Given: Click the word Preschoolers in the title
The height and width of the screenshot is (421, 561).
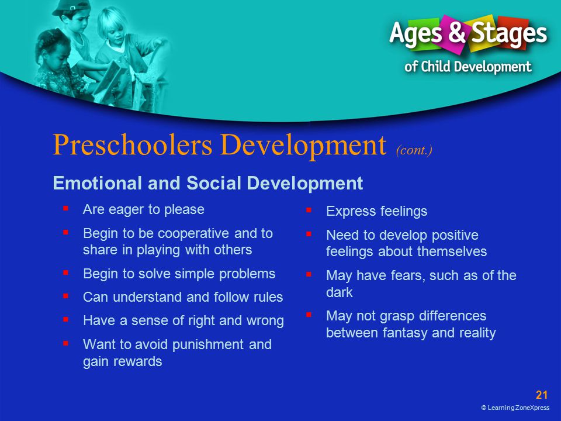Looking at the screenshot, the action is [x=133, y=146].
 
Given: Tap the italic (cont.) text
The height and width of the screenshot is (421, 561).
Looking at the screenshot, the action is [x=414, y=150].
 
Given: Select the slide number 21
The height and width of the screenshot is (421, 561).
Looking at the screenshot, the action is [x=542, y=395].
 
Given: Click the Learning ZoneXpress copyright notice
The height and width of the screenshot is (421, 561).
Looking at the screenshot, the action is [x=515, y=408].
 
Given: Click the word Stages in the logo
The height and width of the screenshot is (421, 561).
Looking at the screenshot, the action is [x=509, y=34].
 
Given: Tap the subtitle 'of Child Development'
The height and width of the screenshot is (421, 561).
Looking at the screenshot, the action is [x=468, y=67].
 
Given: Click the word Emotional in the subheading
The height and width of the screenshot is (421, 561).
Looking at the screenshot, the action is [x=98, y=183].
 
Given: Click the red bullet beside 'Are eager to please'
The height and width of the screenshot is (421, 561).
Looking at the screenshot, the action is [x=65, y=208].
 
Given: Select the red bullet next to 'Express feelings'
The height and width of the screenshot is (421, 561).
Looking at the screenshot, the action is [x=309, y=210].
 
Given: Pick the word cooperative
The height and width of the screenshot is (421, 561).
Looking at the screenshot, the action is [x=193, y=233].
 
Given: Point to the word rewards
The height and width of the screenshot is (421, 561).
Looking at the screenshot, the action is [x=137, y=361].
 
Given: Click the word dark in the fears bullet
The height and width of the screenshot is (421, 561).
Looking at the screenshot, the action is [x=339, y=292].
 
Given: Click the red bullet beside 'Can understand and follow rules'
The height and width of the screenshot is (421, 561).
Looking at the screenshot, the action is [x=65, y=296].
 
